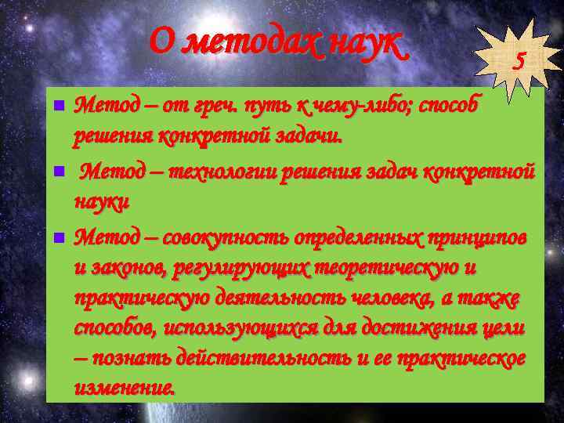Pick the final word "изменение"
[125, 387]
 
